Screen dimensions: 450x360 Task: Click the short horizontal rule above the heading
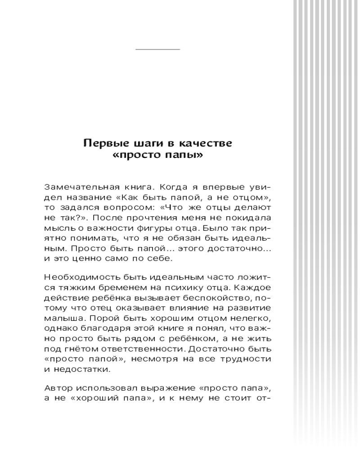pyautogui.click(x=157, y=49)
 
